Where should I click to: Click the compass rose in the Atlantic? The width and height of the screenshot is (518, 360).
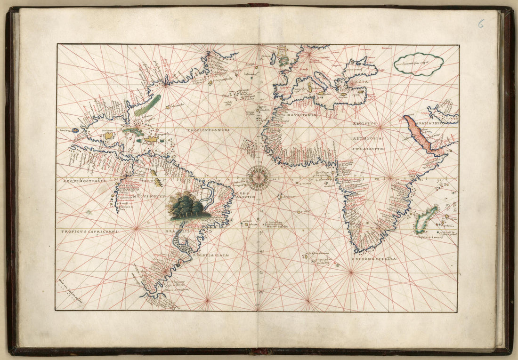pos(258,177)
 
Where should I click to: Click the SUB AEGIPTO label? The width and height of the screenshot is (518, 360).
pos(369,148)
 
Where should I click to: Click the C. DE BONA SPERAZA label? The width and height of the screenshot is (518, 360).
pos(374,259)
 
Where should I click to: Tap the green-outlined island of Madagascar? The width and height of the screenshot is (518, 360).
pos(426,219)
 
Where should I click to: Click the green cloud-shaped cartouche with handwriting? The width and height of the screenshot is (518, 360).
pos(419,64)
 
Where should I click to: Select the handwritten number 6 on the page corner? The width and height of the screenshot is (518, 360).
pos(480,24)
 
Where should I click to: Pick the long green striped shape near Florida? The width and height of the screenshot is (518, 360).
pos(147,106)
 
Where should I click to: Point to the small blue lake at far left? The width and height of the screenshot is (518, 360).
pos(75,130)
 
